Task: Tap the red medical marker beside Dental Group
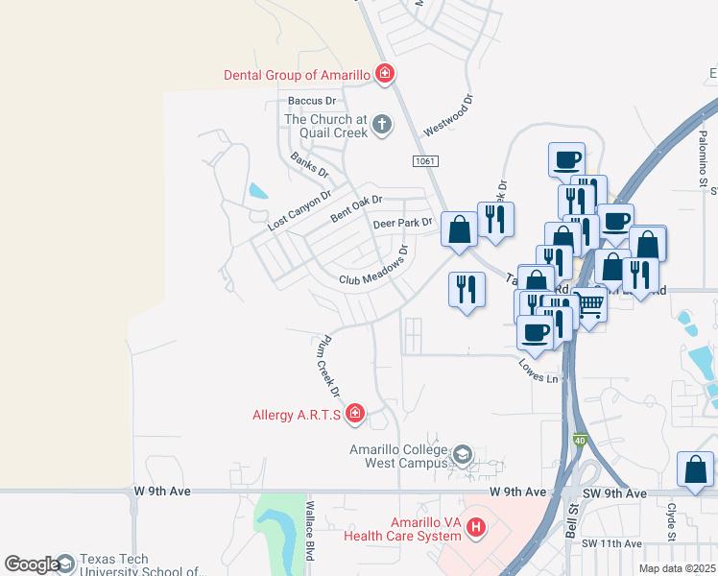tap(385, 74)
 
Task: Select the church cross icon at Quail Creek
tap(382, 124)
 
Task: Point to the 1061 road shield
tap(428, 161)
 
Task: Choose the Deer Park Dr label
tap(403, 224)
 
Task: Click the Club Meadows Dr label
tap(374, 266)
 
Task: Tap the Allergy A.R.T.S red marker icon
tap(355, 414)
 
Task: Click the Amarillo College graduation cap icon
tap(463, 455)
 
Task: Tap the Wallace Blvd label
tap(310, 533)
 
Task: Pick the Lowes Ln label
tap(538, 372)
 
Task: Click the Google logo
tap(31, 564)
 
